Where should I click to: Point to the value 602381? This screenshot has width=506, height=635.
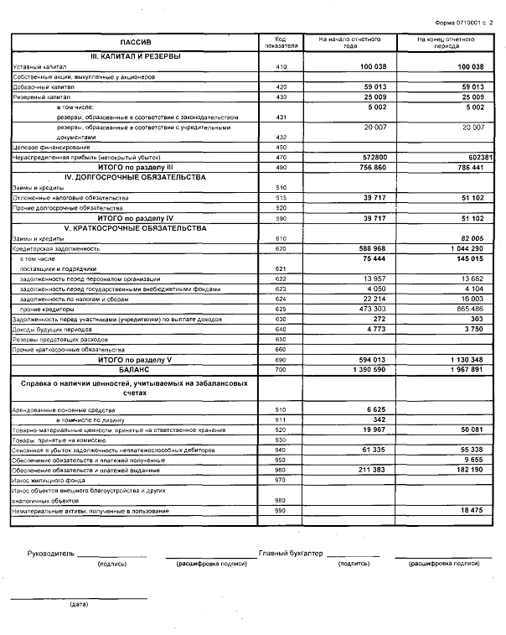pyautogui.click(x=468, y=157)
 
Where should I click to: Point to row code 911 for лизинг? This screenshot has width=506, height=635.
pyautogui.click(x=281, y=419)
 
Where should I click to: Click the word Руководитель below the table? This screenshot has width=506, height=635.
pyautogui.click(x=51, y=554)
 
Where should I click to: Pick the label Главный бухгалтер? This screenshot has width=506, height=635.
pyautogui.click(x=290, y=554)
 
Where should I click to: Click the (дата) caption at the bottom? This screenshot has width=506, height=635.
pyautogui.click(x=79, y=604)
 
